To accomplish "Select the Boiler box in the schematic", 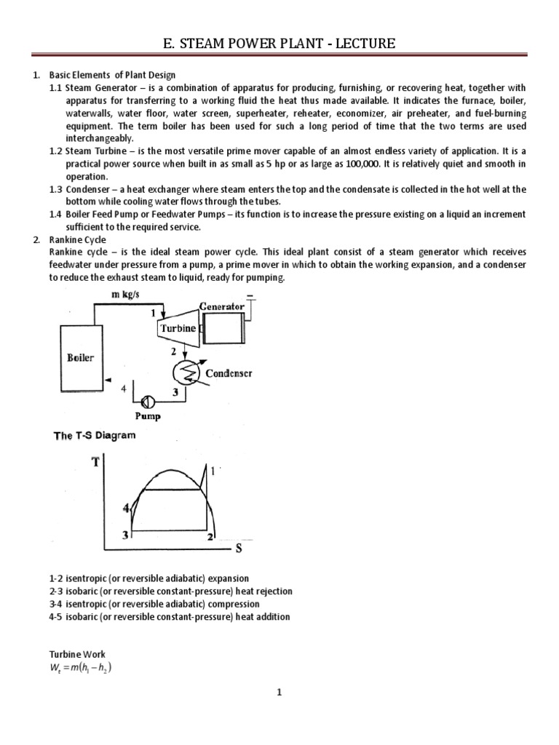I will click(x=81, y=358).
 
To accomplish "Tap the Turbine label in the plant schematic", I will click(x=179, y=329).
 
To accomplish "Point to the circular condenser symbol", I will click(x=186, y=373).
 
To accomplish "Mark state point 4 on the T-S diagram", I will click(x=126, y=507).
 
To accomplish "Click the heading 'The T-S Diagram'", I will click(x=94, y=436).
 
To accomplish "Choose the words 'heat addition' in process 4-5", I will click(x=261, y=616).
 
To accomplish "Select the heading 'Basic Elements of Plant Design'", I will click(x=112, y=75).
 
